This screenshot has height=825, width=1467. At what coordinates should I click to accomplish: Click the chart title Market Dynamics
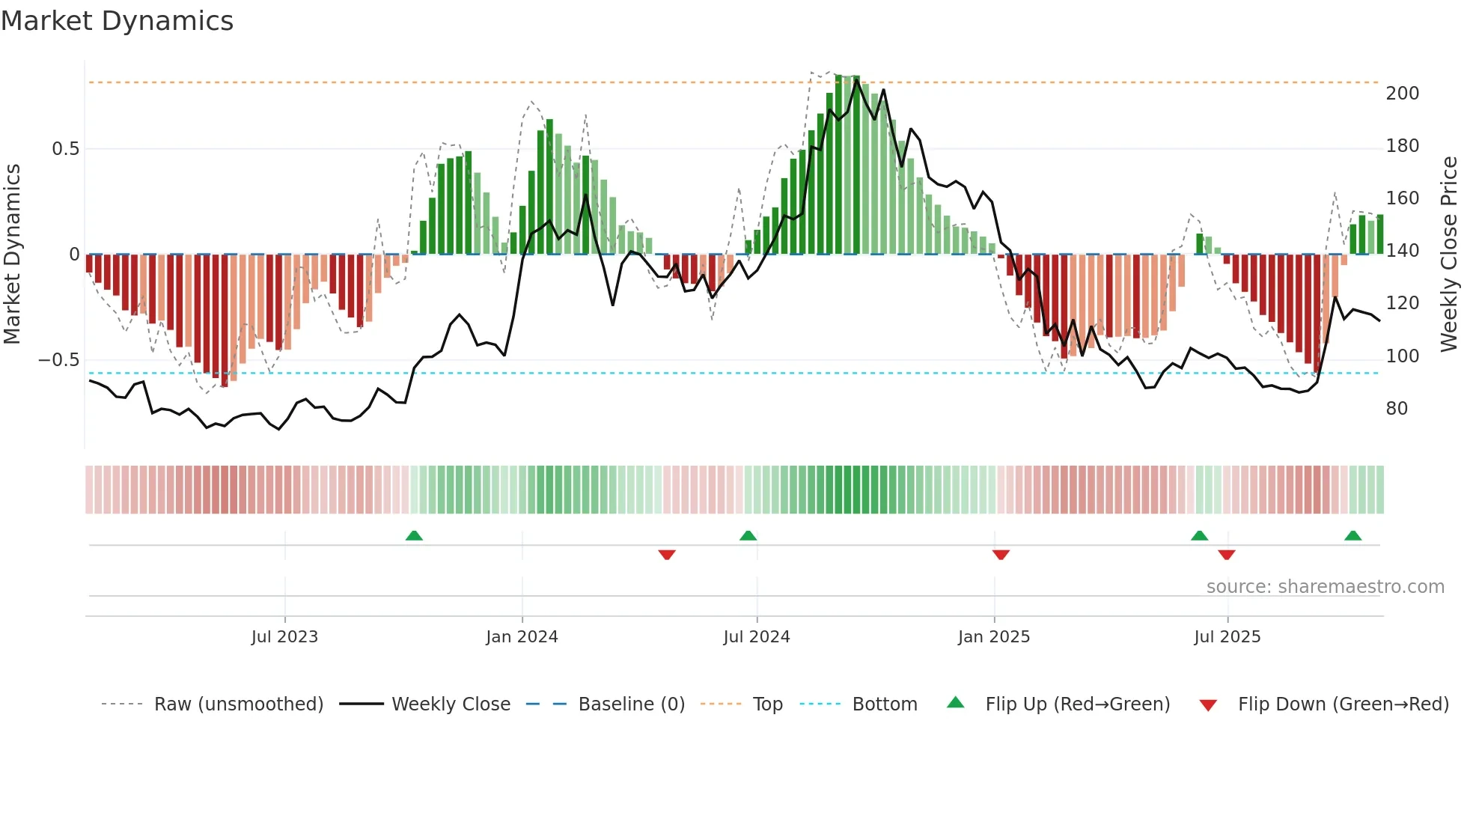(x=118, y=21)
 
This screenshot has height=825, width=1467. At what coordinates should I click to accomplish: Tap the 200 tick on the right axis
(x=1402, y=94)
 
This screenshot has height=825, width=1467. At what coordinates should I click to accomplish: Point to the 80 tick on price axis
(x=1397, y=409)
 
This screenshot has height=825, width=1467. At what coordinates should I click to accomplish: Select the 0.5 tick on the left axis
(x=65, y=149)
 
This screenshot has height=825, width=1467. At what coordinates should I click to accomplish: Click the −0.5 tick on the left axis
(x=59, y=360)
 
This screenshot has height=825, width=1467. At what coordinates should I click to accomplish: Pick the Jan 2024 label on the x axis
(x=522, y=637)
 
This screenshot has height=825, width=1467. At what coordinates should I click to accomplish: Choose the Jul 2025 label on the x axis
(x=1227, y=637)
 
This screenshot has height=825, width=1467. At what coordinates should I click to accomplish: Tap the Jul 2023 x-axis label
(x=284, y=637)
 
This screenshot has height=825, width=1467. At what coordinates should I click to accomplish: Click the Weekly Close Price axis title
(x=1449, y=254)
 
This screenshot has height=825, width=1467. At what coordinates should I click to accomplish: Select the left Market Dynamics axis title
(x=13, y=254)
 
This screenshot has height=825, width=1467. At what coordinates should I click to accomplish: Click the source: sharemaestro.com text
(x=1325, y=587)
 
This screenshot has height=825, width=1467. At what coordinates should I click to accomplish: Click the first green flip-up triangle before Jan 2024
(x=414, y=535)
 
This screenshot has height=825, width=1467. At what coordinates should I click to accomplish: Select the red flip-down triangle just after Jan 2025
(x=1001, y=555)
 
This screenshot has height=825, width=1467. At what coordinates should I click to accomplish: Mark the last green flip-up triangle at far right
(x=1352, y=535)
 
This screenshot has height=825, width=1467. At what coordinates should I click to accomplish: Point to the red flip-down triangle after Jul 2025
(x=1226, y=555)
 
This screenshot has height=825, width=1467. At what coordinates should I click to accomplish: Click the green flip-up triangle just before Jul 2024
(x=748, y=535)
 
